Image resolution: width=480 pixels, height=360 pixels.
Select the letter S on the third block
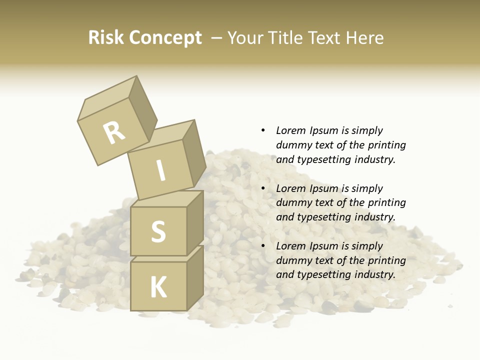[158, 231]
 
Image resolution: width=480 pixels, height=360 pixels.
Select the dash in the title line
[217, 38]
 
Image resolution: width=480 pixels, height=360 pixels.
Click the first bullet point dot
[263, 130]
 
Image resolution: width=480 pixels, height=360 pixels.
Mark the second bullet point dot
[263, 188]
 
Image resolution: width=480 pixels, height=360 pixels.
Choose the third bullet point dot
[263, 246]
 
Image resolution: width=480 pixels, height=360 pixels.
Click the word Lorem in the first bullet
[290, 130]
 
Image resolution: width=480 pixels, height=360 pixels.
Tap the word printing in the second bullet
[386, 202]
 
